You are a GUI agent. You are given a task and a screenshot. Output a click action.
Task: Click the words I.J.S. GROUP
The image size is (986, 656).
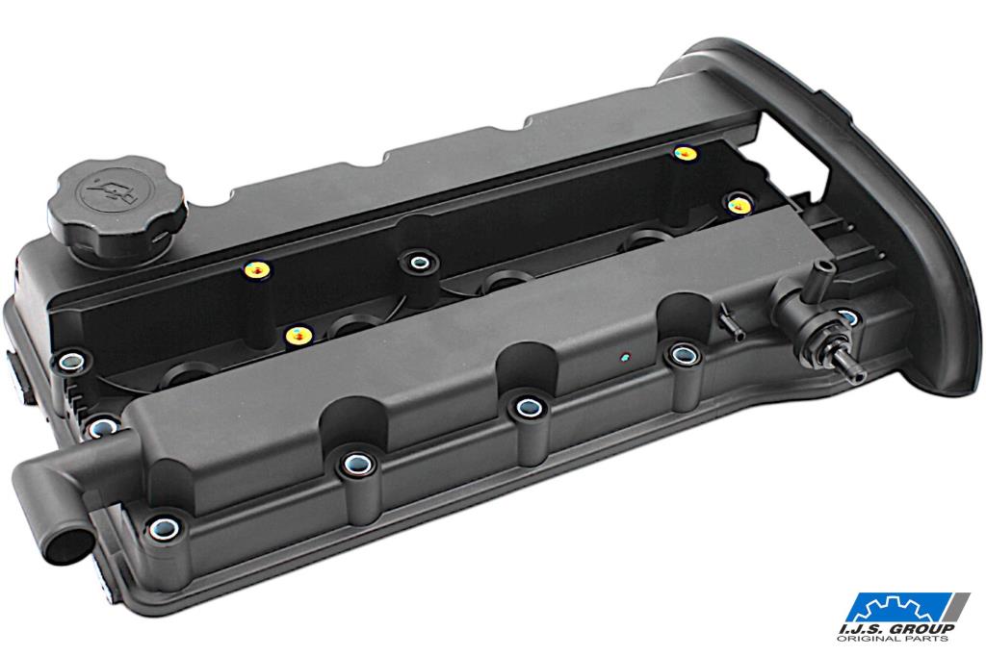point(897,628)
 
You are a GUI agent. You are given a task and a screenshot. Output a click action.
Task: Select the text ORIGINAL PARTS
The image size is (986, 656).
point(893,639)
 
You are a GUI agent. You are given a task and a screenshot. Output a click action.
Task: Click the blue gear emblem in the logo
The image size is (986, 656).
point(898,608)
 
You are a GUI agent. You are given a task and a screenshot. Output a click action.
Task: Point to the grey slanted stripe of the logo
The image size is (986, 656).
point(958,608)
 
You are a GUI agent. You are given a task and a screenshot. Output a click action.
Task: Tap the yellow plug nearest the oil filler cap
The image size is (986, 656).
point(257,270)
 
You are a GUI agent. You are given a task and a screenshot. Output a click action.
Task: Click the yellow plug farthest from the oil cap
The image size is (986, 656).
point(685,153)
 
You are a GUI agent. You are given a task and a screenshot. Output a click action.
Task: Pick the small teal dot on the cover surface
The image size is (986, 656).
point(624,358)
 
